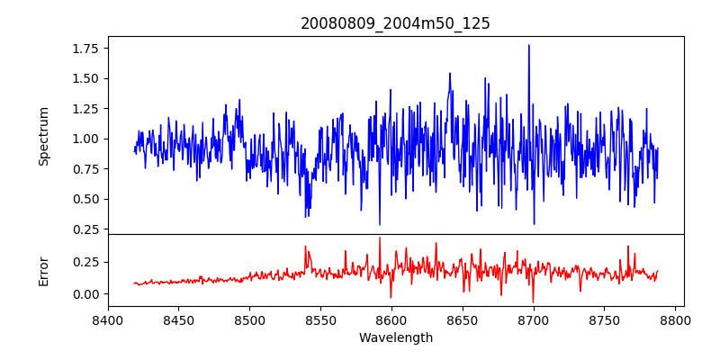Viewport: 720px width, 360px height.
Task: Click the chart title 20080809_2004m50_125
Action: tap(395, 23)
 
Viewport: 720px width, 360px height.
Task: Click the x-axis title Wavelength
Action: tap(395, 337)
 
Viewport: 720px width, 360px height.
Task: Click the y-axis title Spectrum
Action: tap(43, 136)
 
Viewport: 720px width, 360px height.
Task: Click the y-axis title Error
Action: tap(43, 271)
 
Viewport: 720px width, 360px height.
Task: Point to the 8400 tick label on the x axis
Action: tap(108, 319)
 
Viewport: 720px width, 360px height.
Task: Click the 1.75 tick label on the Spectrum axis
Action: tap(85, 49)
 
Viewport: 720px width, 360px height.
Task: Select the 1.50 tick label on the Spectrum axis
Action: tap(85, 78)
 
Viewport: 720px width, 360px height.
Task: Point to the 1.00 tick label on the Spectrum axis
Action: tap(85, 139)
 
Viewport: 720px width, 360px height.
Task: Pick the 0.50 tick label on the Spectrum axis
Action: tap(85, 199)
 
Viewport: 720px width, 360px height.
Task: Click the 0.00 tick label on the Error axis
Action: tap(85, 294)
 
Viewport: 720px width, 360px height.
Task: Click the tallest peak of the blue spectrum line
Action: tap(528, 45)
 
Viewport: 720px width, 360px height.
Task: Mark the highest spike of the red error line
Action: tap(380, 238)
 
